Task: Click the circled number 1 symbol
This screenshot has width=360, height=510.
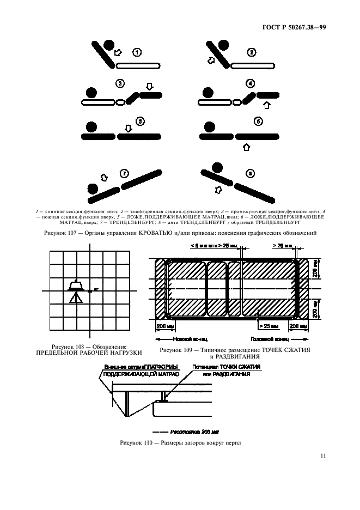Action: point(137,53)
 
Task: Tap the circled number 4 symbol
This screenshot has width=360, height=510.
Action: point(251,84)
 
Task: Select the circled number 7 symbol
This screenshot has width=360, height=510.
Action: point(124,174)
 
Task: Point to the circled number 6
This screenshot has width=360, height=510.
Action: point(258,122)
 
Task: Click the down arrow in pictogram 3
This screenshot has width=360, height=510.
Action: point(150,86)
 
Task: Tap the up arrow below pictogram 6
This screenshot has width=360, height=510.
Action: point(246,147)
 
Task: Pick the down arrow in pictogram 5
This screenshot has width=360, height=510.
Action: point(129,128)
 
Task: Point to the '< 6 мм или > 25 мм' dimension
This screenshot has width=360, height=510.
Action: point(200,246)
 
